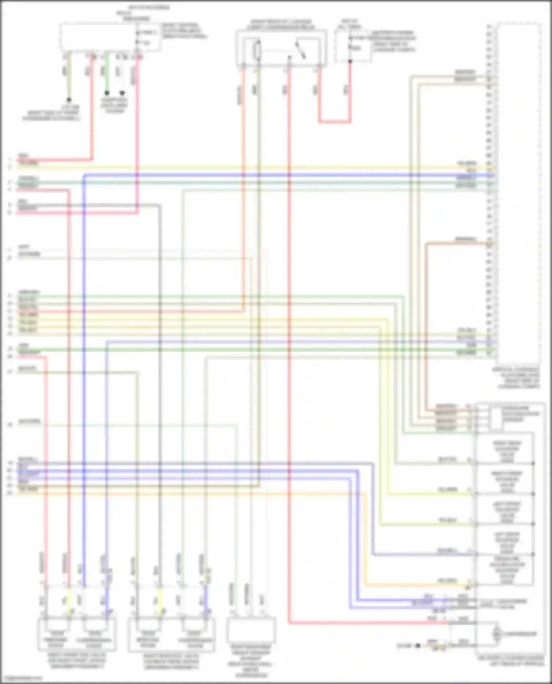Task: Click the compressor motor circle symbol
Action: pyautogui.click(x=496, y=634)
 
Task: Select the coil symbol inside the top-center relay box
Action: pyautogui.click(x=257, y=51)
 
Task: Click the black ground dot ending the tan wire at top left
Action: pyautogui.click(x=69, y=100)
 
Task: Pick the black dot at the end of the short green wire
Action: pyautogui.click(x=107, y=93)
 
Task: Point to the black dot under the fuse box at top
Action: pyautogui.click(x=350, y=61)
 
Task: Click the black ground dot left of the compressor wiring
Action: pyautogui.click(x=417, y=645)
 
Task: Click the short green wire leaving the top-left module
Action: pyautogui.click(x=106, y=72)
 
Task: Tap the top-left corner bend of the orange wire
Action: pyautogui.click(x=427, y=244)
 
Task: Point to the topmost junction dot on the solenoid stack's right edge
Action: pyautogui.click(x=533, y=463)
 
